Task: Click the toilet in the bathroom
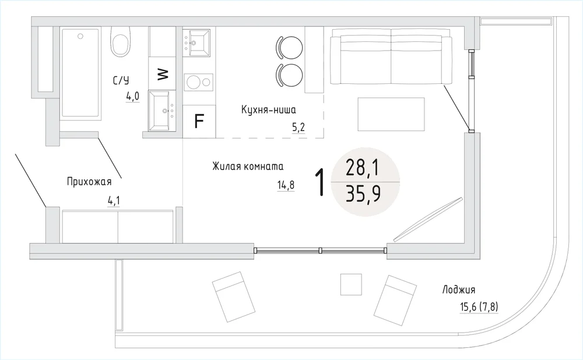[121, 41]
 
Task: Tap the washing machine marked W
[162, 73]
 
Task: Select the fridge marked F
[199, 121]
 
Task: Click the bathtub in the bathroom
[80, 73]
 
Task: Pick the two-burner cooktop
[199, 82]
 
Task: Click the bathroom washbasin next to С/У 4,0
[162, 111]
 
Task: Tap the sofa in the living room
[391, 59]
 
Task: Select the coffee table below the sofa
[391, 114]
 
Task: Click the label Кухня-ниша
[268, 110]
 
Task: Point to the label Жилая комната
[248, 166]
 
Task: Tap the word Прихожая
[89, 182]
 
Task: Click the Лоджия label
[459, 290]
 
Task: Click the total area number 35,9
[363, 193]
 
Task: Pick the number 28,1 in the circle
[363, 167]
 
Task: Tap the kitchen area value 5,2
[298, 128]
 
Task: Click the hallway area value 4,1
[114, 201]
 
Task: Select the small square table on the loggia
[351, 285]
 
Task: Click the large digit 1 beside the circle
[319, 182]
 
